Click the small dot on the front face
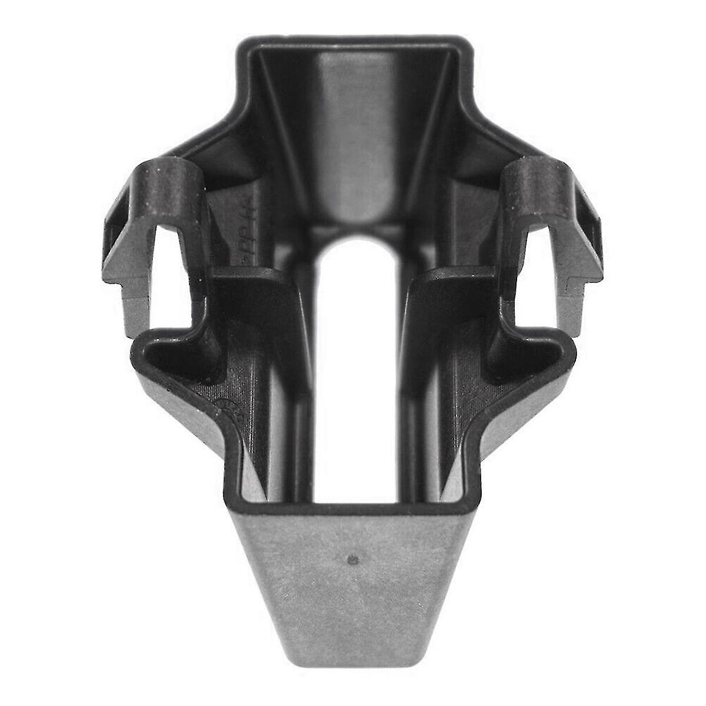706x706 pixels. (352, 558)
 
